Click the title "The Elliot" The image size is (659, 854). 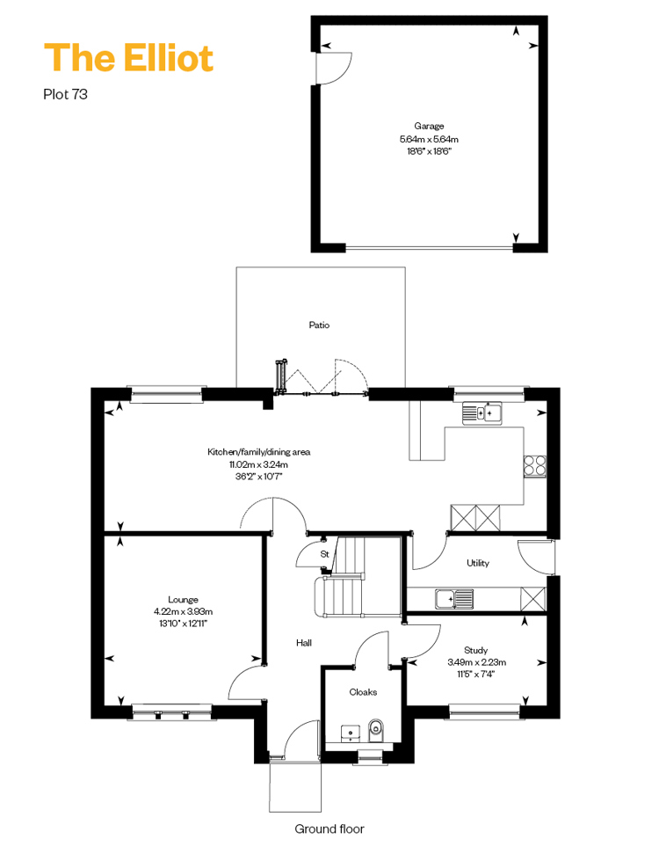(x=128, y=58)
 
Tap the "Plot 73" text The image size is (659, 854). (x=65, y=94)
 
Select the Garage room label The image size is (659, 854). (x=429, y=126)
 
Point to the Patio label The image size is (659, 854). (x=319, y=325)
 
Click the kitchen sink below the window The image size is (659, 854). (x=482, y=413)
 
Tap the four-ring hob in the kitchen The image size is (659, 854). (x=534, y=465)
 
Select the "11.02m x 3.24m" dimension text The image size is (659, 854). (x=258, y=464)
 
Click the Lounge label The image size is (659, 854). (x=183, y=599)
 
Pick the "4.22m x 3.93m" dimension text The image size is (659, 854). (x=183, y=611)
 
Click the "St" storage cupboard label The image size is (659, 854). (x=324, y=554)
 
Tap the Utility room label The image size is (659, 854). (x=478, y=563)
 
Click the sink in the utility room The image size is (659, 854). (x=454, y=599)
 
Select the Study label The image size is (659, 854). (x=475, y=650)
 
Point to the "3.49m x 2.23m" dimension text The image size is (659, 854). (x=477, y=662)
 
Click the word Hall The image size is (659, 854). (x=304, y=643)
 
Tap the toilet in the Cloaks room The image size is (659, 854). (x=375, y=730)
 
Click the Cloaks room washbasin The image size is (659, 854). (x=350, y=734)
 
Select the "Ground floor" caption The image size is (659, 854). (x=329, y=829)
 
